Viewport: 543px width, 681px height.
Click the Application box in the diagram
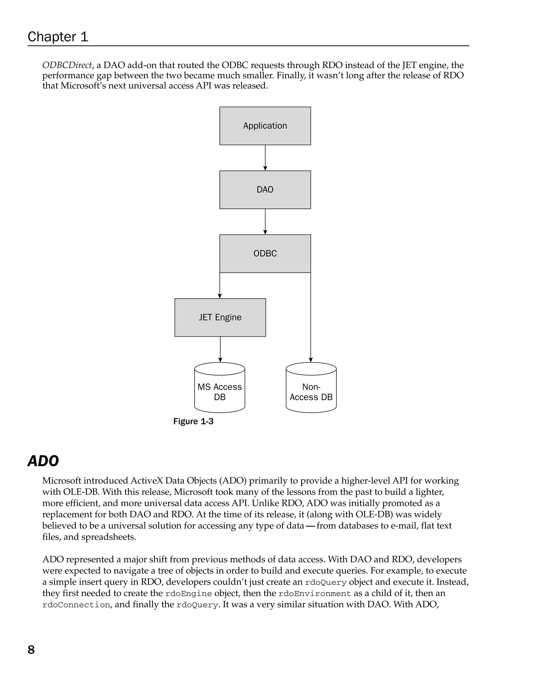pos(265,126)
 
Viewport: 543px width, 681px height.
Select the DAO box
pos(265,190)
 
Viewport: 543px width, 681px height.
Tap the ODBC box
pos(265,253)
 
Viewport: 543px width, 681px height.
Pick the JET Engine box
pos(220,317)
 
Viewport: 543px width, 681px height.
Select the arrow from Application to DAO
pos(265,158)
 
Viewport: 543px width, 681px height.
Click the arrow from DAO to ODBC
pos(265,222)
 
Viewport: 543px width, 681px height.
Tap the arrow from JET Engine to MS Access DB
pos(220,349)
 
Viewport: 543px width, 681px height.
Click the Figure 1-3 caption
pos(193,421)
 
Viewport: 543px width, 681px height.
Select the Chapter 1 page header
pos(58,37)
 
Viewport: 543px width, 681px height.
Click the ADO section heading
pos(43,461)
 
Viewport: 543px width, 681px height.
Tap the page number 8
pos(31,650)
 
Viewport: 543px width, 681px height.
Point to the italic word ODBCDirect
pos(67,65)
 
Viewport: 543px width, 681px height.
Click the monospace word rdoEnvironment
pos(315,594)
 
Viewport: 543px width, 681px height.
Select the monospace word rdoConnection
pos(76,605)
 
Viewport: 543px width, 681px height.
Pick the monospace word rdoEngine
pos(189,594)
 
